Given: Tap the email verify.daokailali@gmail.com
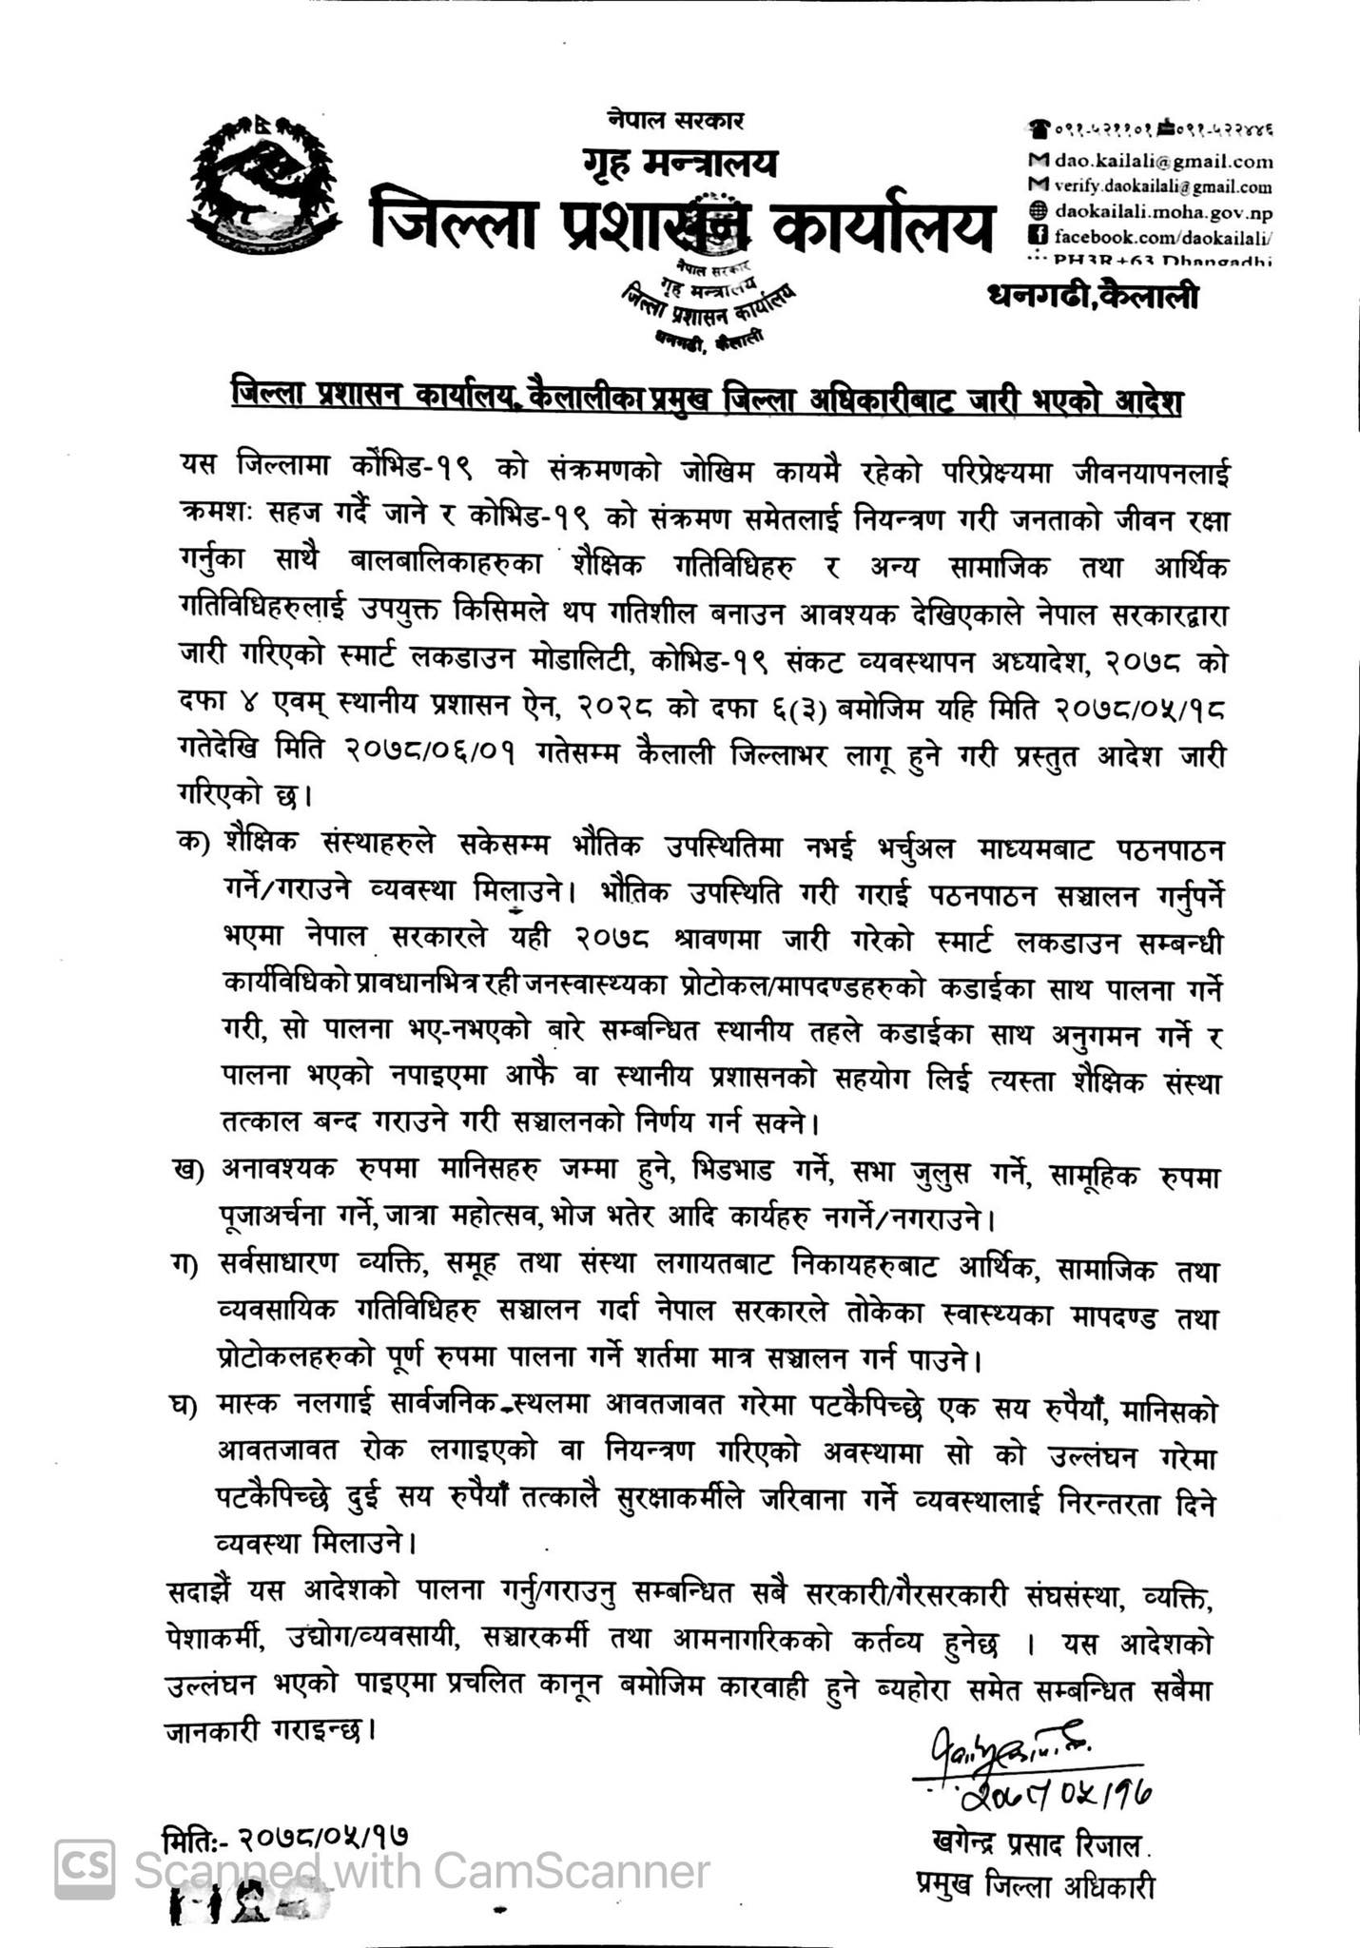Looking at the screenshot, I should click(x=1162, y=187).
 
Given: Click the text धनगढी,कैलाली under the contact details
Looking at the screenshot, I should click(x=1094, y=298).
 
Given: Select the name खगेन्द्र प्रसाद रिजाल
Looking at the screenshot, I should click(x=1037, y=1846).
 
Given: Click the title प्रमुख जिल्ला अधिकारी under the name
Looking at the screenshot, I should click(x=1035, y=1884).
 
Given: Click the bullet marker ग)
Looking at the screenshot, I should click(x=194, y=1269).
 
